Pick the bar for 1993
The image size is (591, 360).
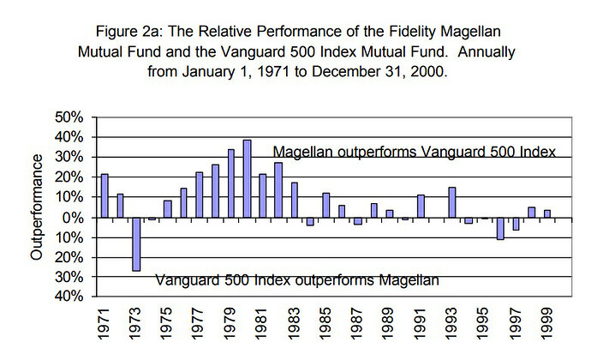(x=452, y=201)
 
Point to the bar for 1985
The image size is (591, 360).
(x=326, y=205)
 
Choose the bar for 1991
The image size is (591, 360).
(x=421, y=206)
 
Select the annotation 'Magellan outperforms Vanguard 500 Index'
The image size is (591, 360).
(x=415, y=151)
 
